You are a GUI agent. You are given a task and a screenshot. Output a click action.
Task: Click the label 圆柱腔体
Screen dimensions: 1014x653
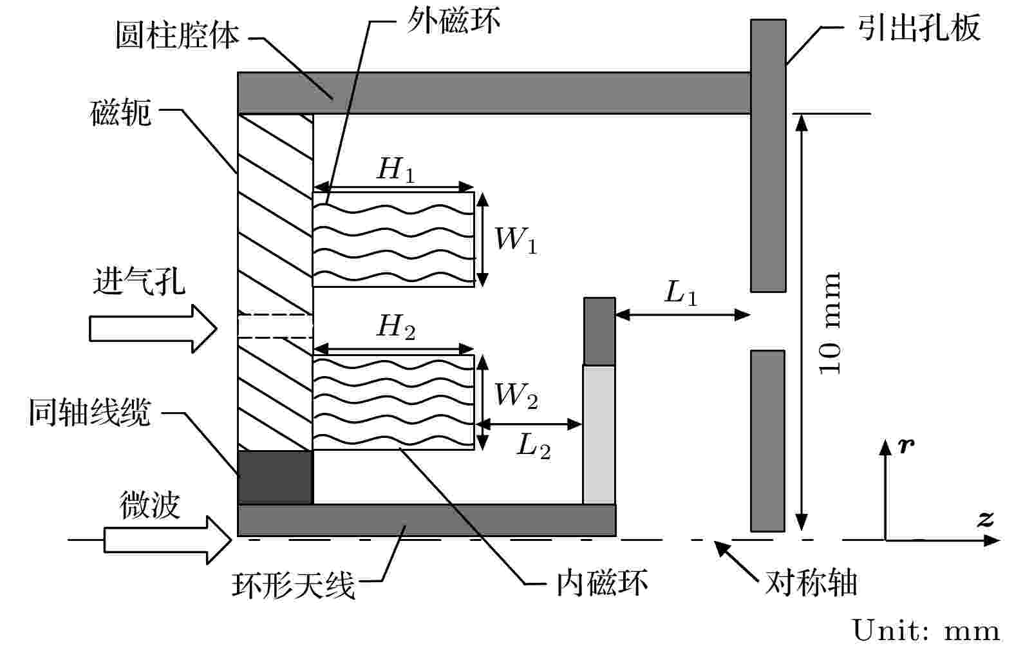pos(177,35)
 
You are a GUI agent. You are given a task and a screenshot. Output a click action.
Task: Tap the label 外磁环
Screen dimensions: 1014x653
pos(454,21)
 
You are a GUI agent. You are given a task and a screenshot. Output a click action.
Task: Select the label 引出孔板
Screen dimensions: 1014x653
pos(919,28)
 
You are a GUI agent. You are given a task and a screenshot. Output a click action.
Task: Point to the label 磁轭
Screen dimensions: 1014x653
pos(120,113)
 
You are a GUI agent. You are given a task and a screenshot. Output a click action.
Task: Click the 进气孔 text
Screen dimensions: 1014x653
pos(140,281)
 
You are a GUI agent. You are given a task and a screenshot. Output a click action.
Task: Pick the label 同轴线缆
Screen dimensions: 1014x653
pos(89,412)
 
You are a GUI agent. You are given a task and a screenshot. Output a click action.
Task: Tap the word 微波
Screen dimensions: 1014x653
pos(150,504)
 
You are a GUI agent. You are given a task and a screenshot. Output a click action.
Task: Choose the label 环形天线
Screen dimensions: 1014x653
pos(294,585)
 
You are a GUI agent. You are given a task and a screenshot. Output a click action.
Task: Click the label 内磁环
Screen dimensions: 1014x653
pos(601,583)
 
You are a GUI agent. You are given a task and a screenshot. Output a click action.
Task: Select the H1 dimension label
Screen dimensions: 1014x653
pos(395,169)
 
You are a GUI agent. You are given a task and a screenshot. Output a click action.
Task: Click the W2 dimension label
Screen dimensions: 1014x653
pos(516,395)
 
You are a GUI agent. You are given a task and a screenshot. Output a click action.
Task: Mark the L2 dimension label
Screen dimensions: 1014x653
pos(534,446)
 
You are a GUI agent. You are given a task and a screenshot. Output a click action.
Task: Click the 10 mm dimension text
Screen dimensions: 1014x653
pos(830,323)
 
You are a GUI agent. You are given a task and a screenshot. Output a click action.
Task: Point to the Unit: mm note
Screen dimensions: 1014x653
pos(926,630)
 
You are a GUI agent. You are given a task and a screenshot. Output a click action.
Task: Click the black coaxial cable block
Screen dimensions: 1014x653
pos(276,477)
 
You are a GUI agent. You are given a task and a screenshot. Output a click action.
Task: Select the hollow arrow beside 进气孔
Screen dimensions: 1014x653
pos(153,328)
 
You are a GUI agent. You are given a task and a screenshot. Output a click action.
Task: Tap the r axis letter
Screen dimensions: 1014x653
pos(906,446)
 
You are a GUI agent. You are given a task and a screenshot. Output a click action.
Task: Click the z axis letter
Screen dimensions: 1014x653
pos(985,519)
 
